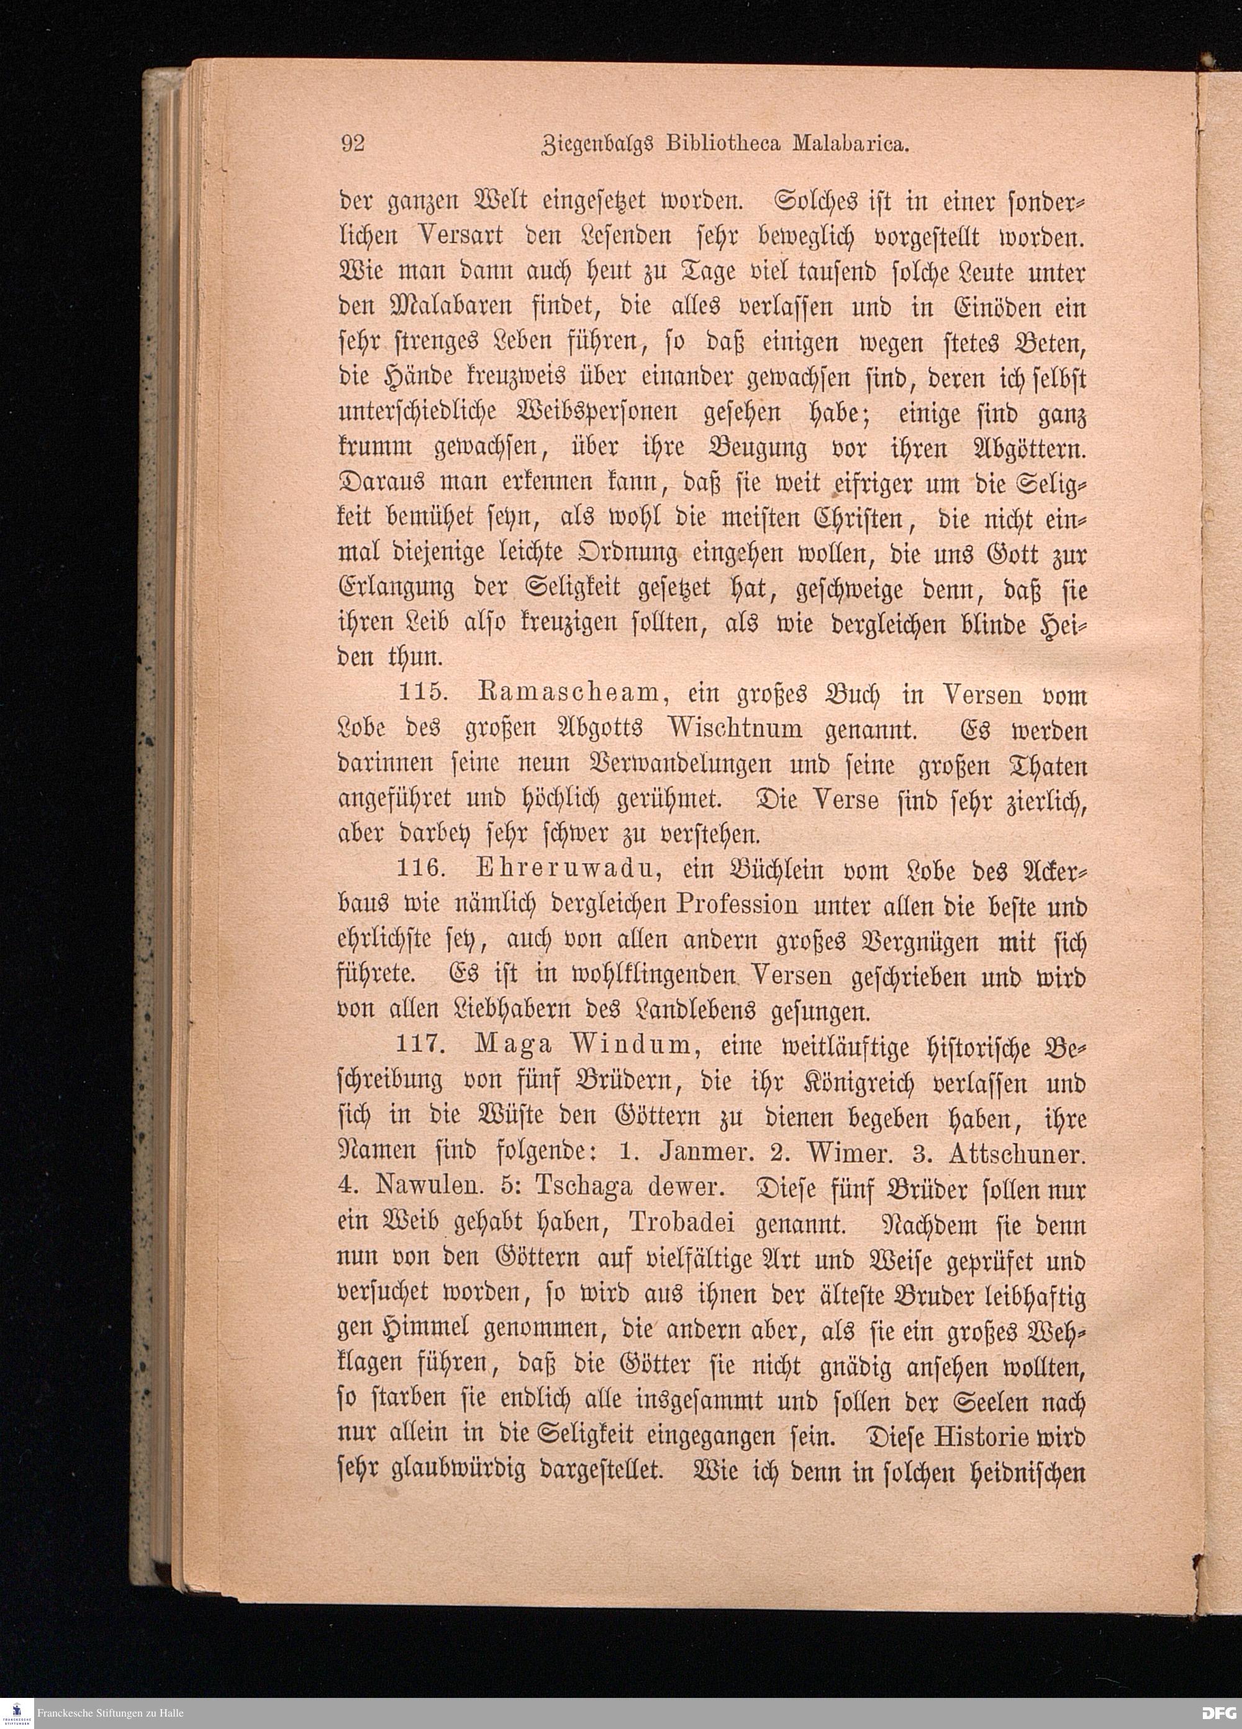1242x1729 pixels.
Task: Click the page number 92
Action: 352,144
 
